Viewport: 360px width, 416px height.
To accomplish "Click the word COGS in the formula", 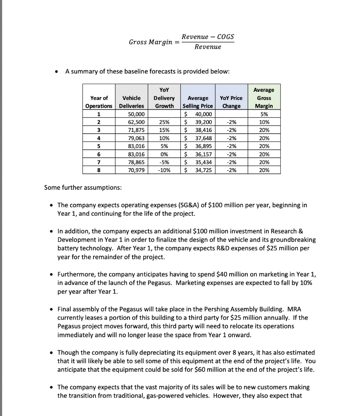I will click(x=226, y=37).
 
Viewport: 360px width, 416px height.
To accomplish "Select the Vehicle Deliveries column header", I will click(x=132, y=102).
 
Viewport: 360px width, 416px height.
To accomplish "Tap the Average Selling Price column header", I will click(x=197, y=102).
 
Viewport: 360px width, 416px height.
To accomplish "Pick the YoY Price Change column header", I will click(x=231, y=102).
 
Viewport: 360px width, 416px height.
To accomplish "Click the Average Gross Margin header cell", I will click(x=264, y=98).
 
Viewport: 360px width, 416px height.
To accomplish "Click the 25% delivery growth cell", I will click(x=164, y=121).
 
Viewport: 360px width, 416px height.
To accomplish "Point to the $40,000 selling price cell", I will click(x=197, y=114).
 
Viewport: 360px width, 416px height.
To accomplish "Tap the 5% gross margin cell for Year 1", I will click(x=264, y=114).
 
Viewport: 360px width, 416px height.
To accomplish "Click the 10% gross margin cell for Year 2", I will click(x=264, y=121).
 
